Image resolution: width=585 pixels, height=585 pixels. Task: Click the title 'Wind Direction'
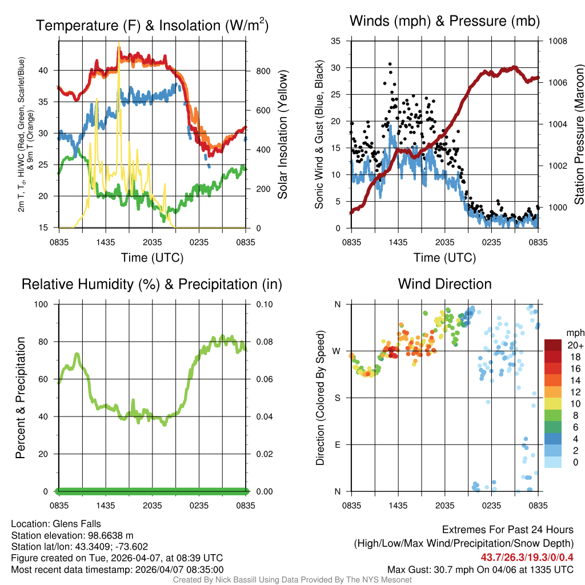coord(444,284)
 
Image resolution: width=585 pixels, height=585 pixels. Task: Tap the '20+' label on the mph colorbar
coord(575,345)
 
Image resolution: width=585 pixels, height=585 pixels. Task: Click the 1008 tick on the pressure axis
coord(556,41)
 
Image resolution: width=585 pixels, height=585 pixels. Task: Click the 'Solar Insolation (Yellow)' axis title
coord(283,135)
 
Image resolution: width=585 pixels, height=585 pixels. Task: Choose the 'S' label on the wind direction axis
coord(338,398)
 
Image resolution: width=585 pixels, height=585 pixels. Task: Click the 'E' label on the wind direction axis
coord(338,444)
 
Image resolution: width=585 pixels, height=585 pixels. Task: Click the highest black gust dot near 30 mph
coord(390,64)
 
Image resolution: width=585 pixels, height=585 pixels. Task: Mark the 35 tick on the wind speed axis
coord(336,41)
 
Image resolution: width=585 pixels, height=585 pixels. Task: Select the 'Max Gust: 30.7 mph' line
coord(480,569)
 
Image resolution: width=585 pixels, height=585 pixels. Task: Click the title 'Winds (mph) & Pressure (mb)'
coord(444,21)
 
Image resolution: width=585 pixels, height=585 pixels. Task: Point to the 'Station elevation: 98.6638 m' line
coord(72,535)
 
